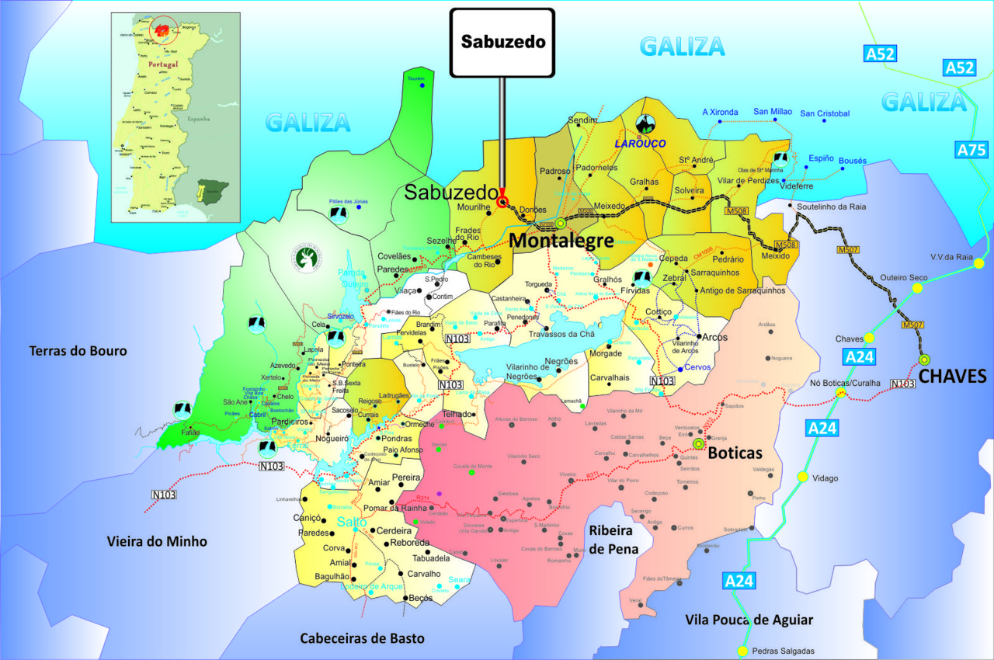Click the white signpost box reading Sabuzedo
pyautogui.click(x=502, y=42)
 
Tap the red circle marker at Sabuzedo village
pyautogui.click(x=502, y=202)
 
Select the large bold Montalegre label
pyautogui.click(x=561, y=241)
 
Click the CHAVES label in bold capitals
pyautogui.click(x=952, y=377)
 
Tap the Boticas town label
pyautogui.click(x=736, y=453)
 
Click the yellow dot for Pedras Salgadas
pyautogui.click(x=743, y=651)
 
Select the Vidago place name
pyautogui.click(x=825, y=478)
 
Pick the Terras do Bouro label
pyautogui.click(x=78, y=351)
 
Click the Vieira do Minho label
pyautogui.click(x=157, y=541)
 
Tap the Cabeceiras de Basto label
pyautogui.click(x=363, y=638)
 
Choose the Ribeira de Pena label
pyautogui.click(x=613, y=540)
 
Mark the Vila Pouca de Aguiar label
pyautogui.click(x=749, y=620)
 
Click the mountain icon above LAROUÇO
pyautogui.click(x=644, y=123)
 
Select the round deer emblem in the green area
pyautogui.click(x=308, y=257)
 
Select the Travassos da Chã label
pyautogui.click(x=561, y=335)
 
